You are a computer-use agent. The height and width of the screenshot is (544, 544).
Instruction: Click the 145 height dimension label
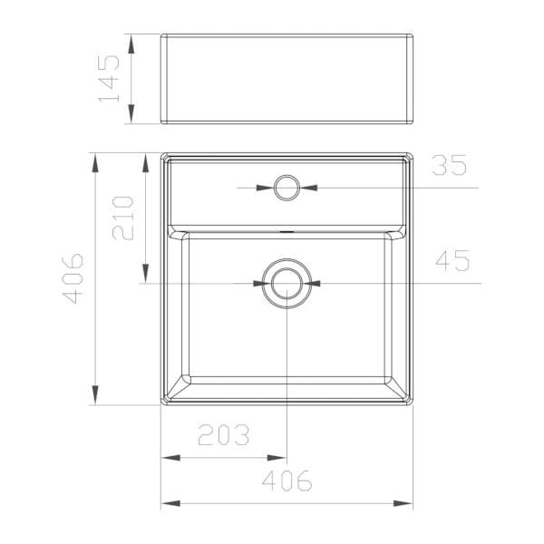pyautogui.click(x=109, y=79)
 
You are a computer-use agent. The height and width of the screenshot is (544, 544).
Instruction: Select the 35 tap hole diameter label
pyautogui.click(x=449, y=166)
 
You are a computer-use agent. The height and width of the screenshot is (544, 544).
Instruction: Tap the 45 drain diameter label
pyautogui.click(x=452, y=261)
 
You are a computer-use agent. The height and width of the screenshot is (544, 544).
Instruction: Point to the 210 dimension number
pyautogui.click(x=124, y=218)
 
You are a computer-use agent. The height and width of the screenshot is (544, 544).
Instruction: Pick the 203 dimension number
pyautogui.click(x=223, y=436)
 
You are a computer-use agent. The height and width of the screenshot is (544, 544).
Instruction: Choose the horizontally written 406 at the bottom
pyautogui.click(x=287, y=481)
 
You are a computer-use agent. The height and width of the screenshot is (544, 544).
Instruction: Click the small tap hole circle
pyautogui.click(x=287, y=188)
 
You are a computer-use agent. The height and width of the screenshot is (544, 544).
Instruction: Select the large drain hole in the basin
pyautogui.click(x=287, y=283)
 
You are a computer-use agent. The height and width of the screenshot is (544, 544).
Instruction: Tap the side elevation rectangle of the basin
pyautogui.click(x=287, y=79)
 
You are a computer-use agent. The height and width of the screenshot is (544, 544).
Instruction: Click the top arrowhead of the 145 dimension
pyautogui.click(x=132, y=42)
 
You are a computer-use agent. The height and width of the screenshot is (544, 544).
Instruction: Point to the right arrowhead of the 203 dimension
pyautogui.click(x=278, y=458)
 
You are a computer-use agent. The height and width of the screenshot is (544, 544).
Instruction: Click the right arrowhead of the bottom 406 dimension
pyautogui.click(x=405, y=502)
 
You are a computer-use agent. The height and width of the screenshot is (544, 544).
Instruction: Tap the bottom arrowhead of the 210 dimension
pyautogui.click(x=145, y=276)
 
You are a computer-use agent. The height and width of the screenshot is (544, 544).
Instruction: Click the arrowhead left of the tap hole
pyautogui.click(x=265, y=188)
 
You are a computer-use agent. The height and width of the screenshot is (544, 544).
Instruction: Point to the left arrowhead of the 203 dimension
pyautogui.click(x=169, y=458)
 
